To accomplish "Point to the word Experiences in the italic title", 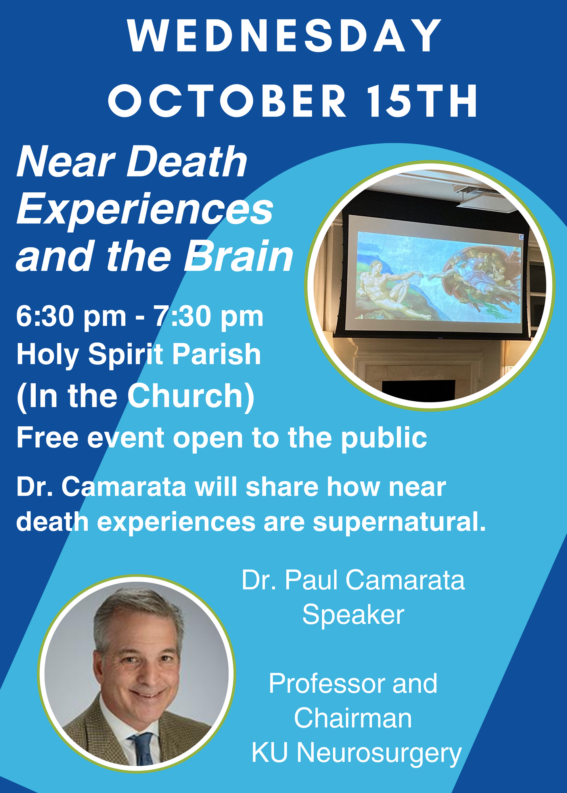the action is (x=145, y=209).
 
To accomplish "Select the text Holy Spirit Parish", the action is (x=139, y=355).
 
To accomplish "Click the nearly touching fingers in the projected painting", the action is (x=426, y=275).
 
